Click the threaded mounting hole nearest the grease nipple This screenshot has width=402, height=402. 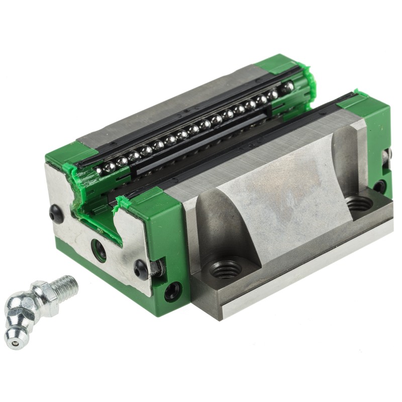(225, 270)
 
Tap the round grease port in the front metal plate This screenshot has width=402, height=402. (98, 249)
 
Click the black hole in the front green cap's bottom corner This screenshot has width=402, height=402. (173, 290)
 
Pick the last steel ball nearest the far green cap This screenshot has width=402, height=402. (287, 88)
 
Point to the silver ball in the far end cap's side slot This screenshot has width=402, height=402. (386, 156)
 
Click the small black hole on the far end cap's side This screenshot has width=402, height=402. (380, 186)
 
